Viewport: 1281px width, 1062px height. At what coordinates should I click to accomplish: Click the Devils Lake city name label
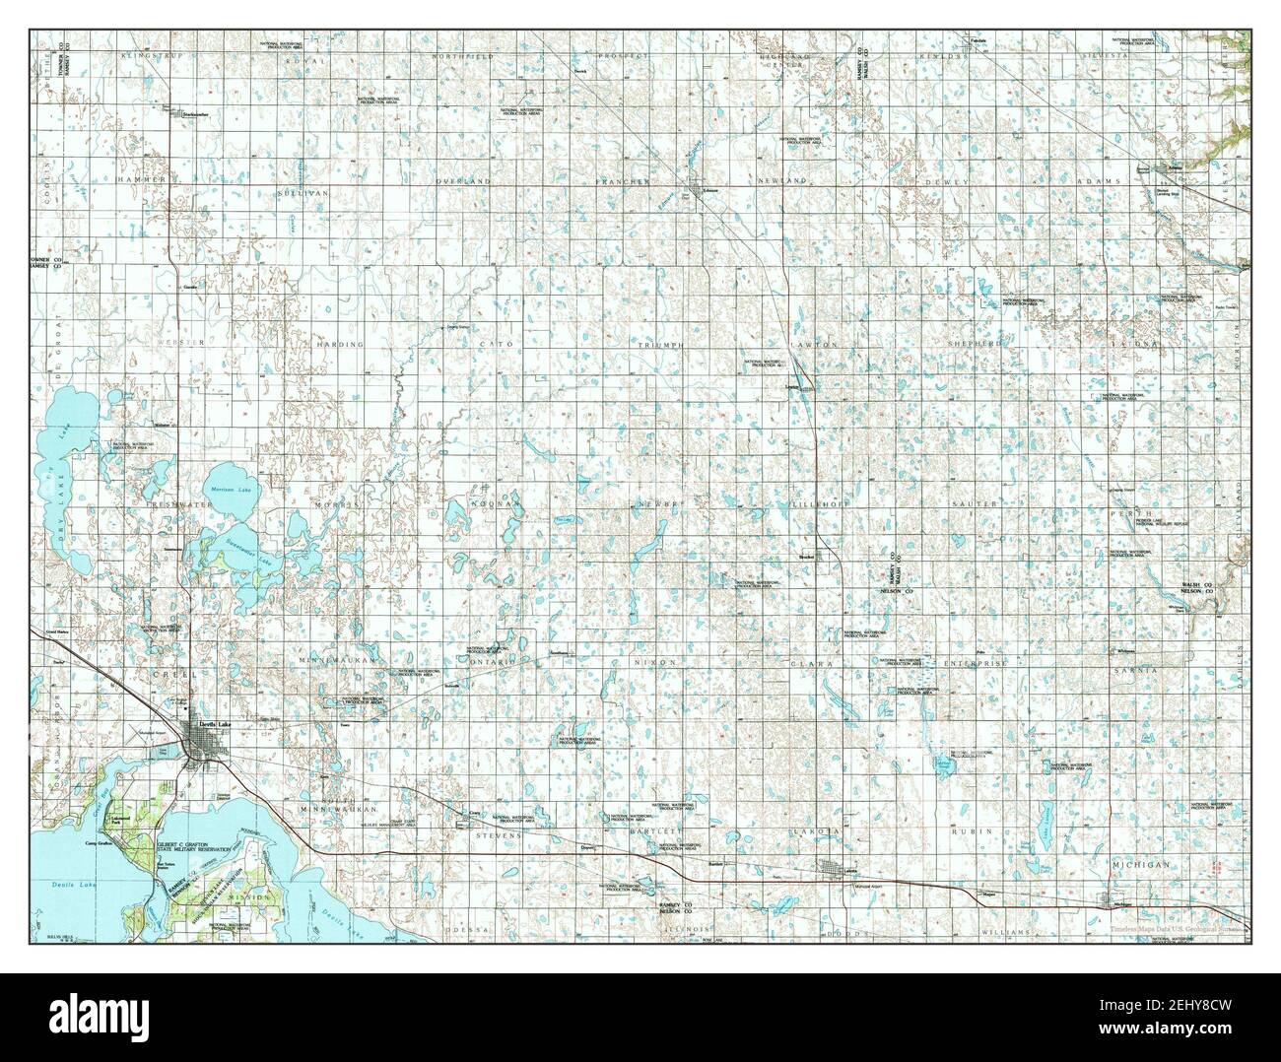[x=214, y=722]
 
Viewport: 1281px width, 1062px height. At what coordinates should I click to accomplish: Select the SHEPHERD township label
[x=975, y=344]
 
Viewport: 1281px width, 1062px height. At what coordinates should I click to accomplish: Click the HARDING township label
[x=340, y=345]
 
